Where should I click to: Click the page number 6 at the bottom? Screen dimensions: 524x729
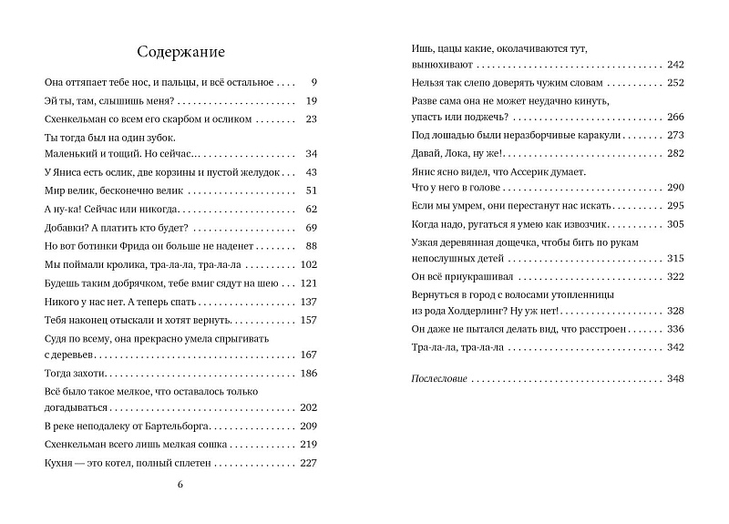[x=180, y=483]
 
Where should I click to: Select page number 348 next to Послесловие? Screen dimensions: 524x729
[x=675, y=378]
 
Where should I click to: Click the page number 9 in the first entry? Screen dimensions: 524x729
[x=313, y=82]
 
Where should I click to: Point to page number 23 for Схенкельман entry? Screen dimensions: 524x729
[x=311, y=118]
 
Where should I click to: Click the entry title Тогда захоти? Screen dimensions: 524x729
[x=76, y=374]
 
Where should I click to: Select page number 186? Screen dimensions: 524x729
[x=308, y=374]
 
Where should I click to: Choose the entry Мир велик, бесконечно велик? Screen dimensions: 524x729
[x=114, y=190]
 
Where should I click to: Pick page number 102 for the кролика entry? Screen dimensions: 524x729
[x=308, y=264]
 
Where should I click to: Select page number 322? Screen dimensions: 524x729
[x=675, y=275]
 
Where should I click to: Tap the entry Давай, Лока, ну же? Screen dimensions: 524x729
[x=447, y=152]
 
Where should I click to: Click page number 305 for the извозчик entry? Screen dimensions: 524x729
[x=675, y=223]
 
